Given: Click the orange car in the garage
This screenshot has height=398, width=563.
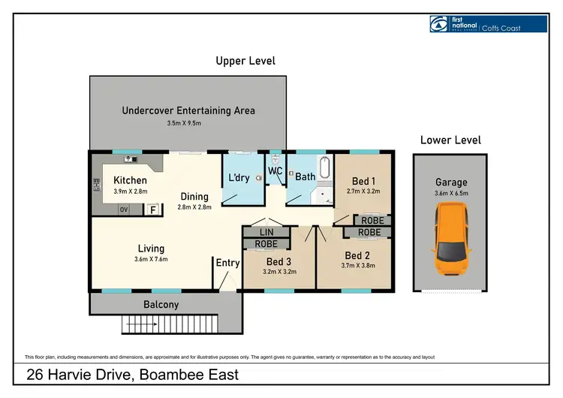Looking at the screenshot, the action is [x=451, y=239].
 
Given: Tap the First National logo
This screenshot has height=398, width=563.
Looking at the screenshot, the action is [x=489, y=24].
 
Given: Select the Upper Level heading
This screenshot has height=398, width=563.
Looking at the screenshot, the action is [x=245, y=61].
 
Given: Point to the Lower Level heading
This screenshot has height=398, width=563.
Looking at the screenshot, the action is [x=450, y=140].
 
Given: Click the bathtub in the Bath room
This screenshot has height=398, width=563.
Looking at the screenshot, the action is [x=324, y=167].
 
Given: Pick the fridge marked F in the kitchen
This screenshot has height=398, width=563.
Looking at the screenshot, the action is [x=153, y=210].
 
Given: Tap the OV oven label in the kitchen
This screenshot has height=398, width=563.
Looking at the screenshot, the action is [x=124, y=210].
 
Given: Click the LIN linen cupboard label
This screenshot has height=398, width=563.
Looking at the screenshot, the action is [x=266, y=232].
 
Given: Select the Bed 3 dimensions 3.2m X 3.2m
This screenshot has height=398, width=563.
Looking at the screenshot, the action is [x=280, y=272].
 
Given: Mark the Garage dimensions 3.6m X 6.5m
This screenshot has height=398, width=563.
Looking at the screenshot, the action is [x=451, y=193].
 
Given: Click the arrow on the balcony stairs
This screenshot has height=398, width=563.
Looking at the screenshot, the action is [x=141, y=324].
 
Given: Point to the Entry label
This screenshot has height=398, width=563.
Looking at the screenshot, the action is [x=227, y=263].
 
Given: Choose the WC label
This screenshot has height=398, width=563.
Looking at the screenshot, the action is [x=275, y=171].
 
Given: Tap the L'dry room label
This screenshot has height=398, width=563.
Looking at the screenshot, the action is [x=239, y=177].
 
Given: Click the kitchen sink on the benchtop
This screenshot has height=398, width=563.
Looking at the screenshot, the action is [x=131, y=159].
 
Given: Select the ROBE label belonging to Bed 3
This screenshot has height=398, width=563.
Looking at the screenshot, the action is [x=266, y=244].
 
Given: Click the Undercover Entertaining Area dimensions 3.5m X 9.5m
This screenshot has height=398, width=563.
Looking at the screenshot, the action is [x=184, y=123].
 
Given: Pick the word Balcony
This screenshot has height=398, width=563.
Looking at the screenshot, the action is [x=161, y=305].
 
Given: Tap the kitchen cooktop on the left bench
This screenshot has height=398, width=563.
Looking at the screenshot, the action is [x=97, y=185].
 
